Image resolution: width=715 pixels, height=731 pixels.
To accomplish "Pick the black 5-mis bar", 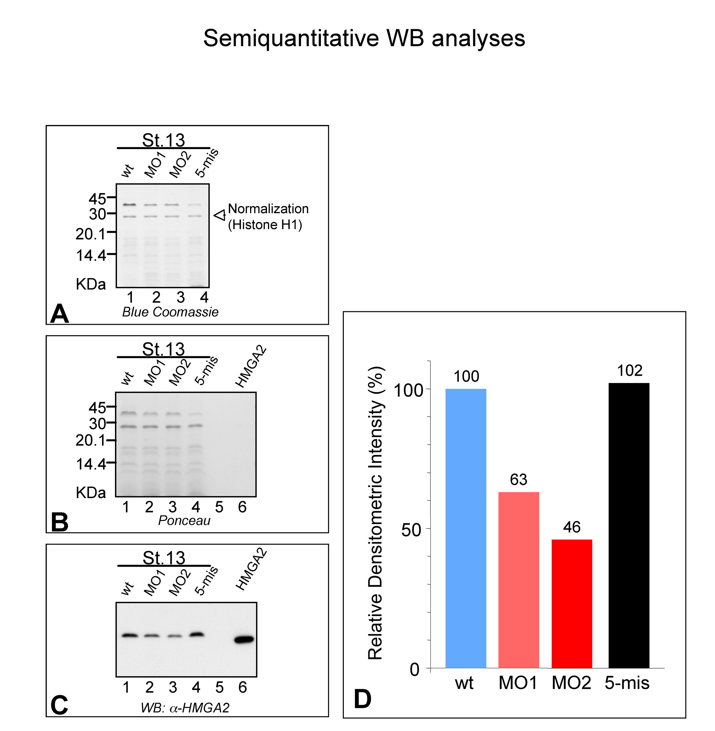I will click(629, 526).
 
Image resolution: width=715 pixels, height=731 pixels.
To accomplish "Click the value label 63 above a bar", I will click(519, 480).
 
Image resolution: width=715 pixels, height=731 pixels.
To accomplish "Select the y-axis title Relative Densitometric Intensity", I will click(375, 513).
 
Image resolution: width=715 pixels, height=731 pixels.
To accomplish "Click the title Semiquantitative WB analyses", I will click(364, 38).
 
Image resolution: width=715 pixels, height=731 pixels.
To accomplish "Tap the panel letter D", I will click(362, 699).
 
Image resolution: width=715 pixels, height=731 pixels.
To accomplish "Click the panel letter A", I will click(59, 314).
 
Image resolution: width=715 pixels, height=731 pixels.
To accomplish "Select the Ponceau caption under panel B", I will click(184, 521).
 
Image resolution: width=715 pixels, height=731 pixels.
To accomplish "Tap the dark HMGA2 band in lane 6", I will click(244, 639).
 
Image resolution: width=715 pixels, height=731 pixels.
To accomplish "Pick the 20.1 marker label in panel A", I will click(90, 234).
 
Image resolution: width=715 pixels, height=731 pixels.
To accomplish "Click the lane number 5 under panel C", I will click(219, 687).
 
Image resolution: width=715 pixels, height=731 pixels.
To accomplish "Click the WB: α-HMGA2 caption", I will click(185, 708).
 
